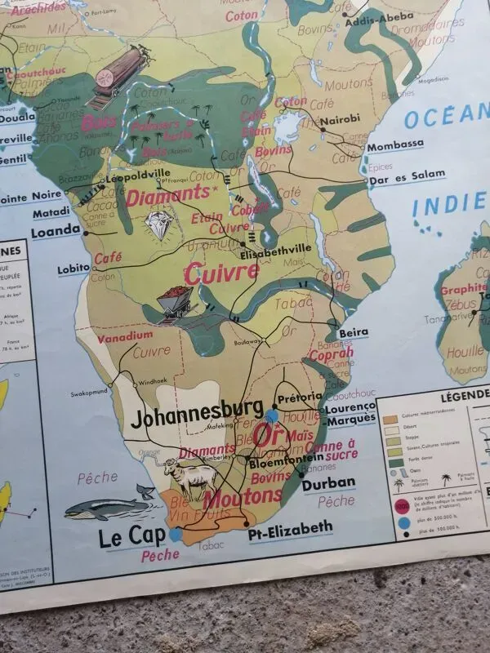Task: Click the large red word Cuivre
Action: tap(221, 273)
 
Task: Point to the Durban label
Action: tap(328, 482)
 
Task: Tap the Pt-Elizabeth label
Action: tap(290, 527)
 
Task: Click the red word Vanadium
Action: tap(125, 335)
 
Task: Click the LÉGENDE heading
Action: tap(463, 394)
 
